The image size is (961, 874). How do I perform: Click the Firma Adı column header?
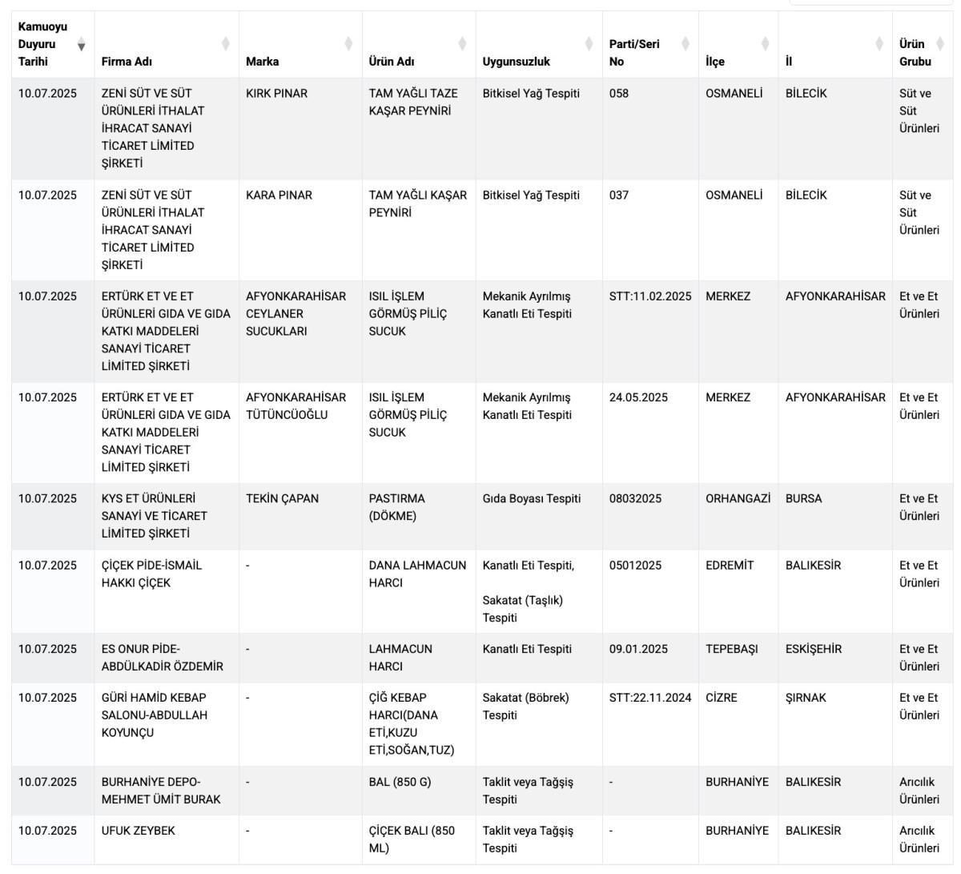click(127, 62)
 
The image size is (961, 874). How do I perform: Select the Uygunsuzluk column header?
click(516, 62)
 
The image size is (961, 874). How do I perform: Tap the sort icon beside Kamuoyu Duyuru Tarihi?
click(81, 45)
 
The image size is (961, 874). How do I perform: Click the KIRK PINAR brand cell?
click(276, 94)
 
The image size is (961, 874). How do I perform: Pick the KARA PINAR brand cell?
click(279, 195)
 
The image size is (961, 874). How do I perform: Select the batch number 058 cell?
click(619, 94)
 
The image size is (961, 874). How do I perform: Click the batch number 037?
click(619, 195)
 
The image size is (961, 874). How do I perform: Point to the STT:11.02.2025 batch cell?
click(649, 296)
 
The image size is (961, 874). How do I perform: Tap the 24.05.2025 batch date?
click(637, 397)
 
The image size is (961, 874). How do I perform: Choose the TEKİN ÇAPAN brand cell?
click(282, 499)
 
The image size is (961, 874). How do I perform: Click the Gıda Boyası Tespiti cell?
click(531, 499)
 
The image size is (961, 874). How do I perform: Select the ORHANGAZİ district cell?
click(738, 499)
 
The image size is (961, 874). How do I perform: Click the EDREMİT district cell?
click(730, 566)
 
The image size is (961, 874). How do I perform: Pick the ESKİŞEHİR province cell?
click(813, 650)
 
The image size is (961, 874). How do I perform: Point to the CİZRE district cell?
click(722, 698)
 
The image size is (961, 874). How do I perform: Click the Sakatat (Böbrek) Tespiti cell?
click(525, 706)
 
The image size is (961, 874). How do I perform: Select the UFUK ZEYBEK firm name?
click(138, 831)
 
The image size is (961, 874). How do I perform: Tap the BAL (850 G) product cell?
click(400, 782)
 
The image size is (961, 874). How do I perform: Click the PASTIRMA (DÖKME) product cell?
click(396, 507)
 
